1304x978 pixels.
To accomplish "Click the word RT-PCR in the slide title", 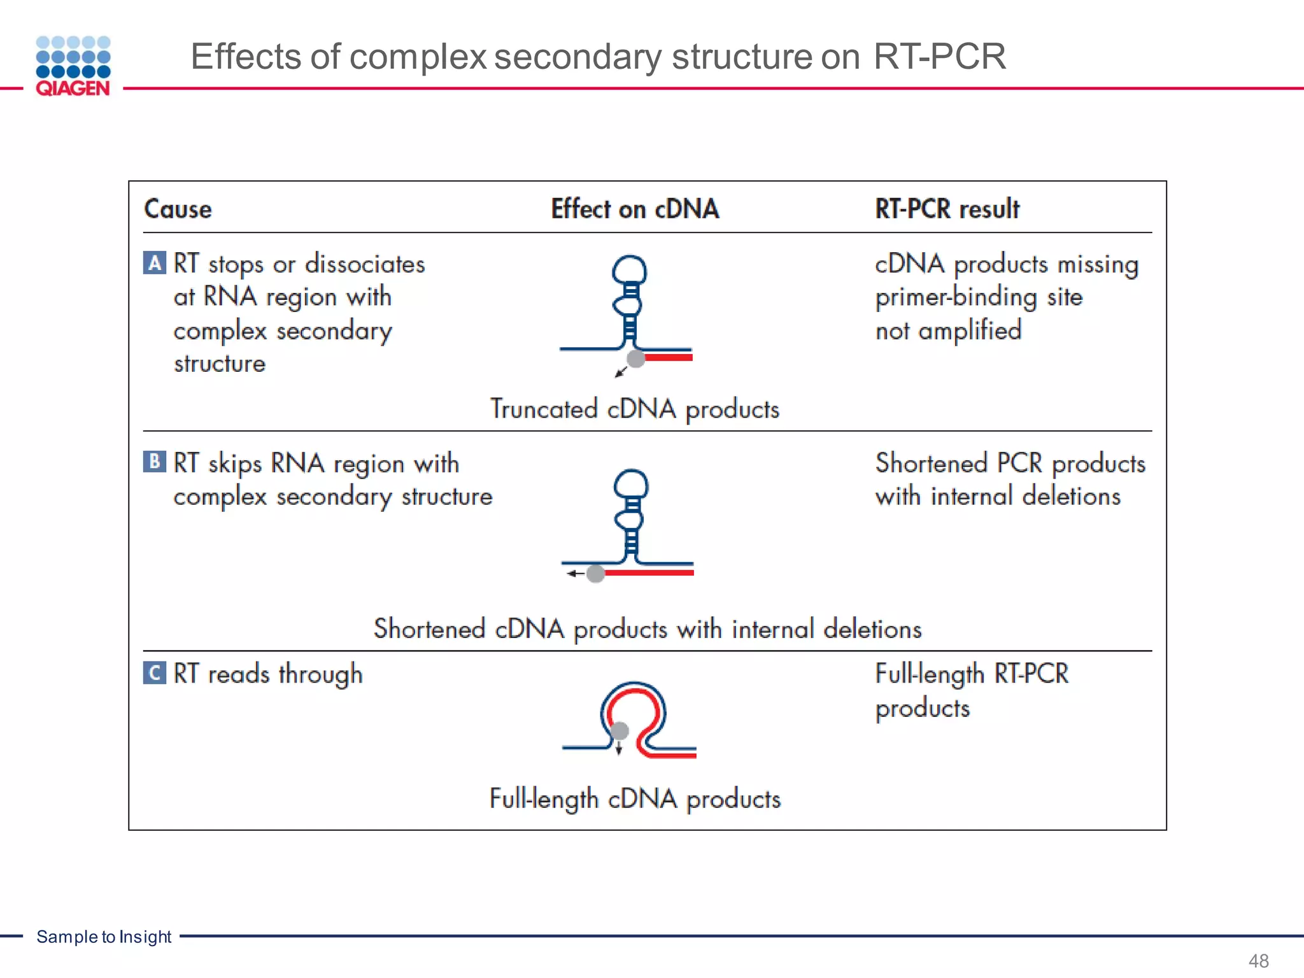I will click(939, 57).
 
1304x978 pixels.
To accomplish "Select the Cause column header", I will click(178, 209).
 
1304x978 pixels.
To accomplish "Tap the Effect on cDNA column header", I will click(635, 209).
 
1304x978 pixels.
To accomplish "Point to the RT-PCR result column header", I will click(947, 209).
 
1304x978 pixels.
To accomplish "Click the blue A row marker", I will click(155, 262).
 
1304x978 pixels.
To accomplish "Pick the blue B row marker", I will click(155, 461).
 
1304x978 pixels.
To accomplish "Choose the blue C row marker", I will click(155, 673).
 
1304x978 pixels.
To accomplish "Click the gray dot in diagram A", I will click(636, 358).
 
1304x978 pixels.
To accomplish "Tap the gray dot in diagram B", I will click(595, 574).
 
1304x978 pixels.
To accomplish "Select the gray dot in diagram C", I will click(619, 730).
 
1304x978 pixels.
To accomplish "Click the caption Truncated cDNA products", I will click(634, 409).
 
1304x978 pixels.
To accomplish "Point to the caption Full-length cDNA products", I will click(635, 798).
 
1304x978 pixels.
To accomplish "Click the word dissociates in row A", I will click(365, 264).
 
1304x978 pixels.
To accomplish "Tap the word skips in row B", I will click(235, 464).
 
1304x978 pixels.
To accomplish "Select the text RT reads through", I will click(268, 674).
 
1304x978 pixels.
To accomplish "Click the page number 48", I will click(1258, 960).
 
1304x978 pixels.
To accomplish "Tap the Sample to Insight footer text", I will click(104, 937).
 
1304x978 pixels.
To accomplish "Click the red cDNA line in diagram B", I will click(649, 573).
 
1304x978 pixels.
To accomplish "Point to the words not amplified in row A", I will click(948, 330).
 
